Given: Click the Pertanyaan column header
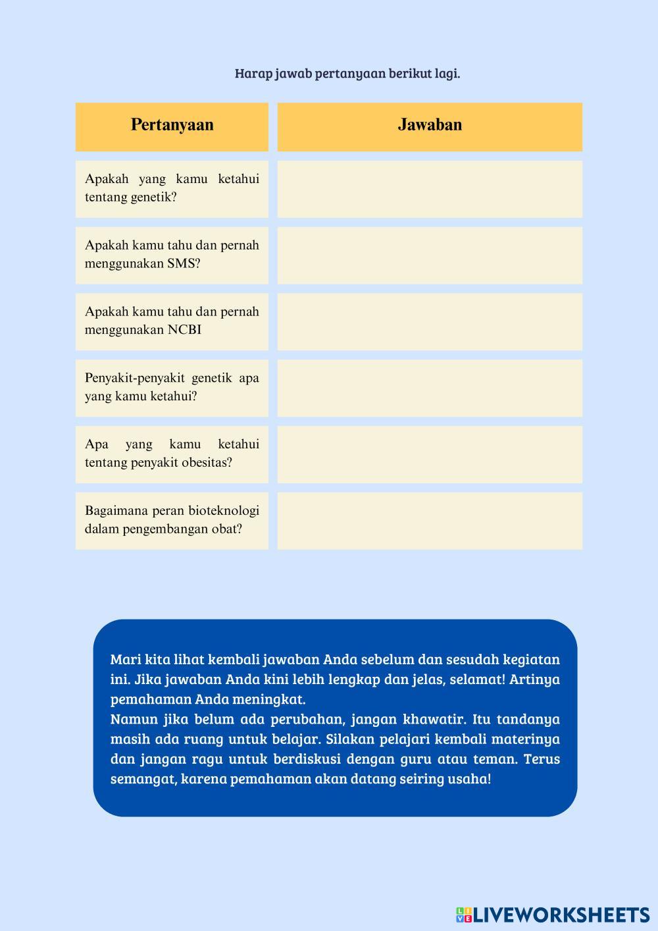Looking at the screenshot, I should click(x=172, y=125).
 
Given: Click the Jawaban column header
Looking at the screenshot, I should click(x=430, y=125).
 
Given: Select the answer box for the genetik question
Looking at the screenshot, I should click(x=430, y=189).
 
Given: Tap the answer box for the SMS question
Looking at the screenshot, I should click(x=430, y=255).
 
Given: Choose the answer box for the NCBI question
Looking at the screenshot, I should click(x=430, y=322).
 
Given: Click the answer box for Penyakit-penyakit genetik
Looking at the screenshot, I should click(x=430, y=388).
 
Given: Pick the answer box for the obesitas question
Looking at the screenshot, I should click(x=430, y=454).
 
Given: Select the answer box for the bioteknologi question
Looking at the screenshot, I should click(x=430, y=521).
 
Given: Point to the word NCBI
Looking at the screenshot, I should click(x=184, y=330).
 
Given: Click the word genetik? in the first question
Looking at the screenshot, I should click(x=154, y=197).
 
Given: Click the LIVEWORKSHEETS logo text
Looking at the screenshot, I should click(x=561, y=915).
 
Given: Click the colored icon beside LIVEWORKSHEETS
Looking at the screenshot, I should click(x=464, y=915).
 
